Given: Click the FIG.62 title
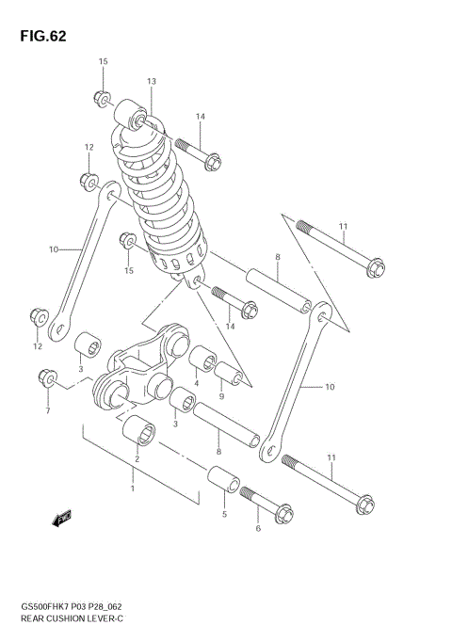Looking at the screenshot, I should click(x=40, y=36).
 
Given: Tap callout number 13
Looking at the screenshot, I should click(x=151, y=82).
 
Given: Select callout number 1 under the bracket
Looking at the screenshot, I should click(x=133, y=489).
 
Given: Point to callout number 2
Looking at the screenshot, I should click(x=137, y=458).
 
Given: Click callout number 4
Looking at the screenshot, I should click(x=196, y=383).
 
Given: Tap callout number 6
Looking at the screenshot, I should click(x=258, y=530).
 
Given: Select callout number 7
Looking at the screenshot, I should click(x=46, y=410).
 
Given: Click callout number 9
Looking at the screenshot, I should click(x=221, y=396).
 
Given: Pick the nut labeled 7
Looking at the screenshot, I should click(x=44, y=378).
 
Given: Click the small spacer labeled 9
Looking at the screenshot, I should click(x=233, y=376).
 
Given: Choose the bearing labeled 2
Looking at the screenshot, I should click(x=142, y=433).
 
